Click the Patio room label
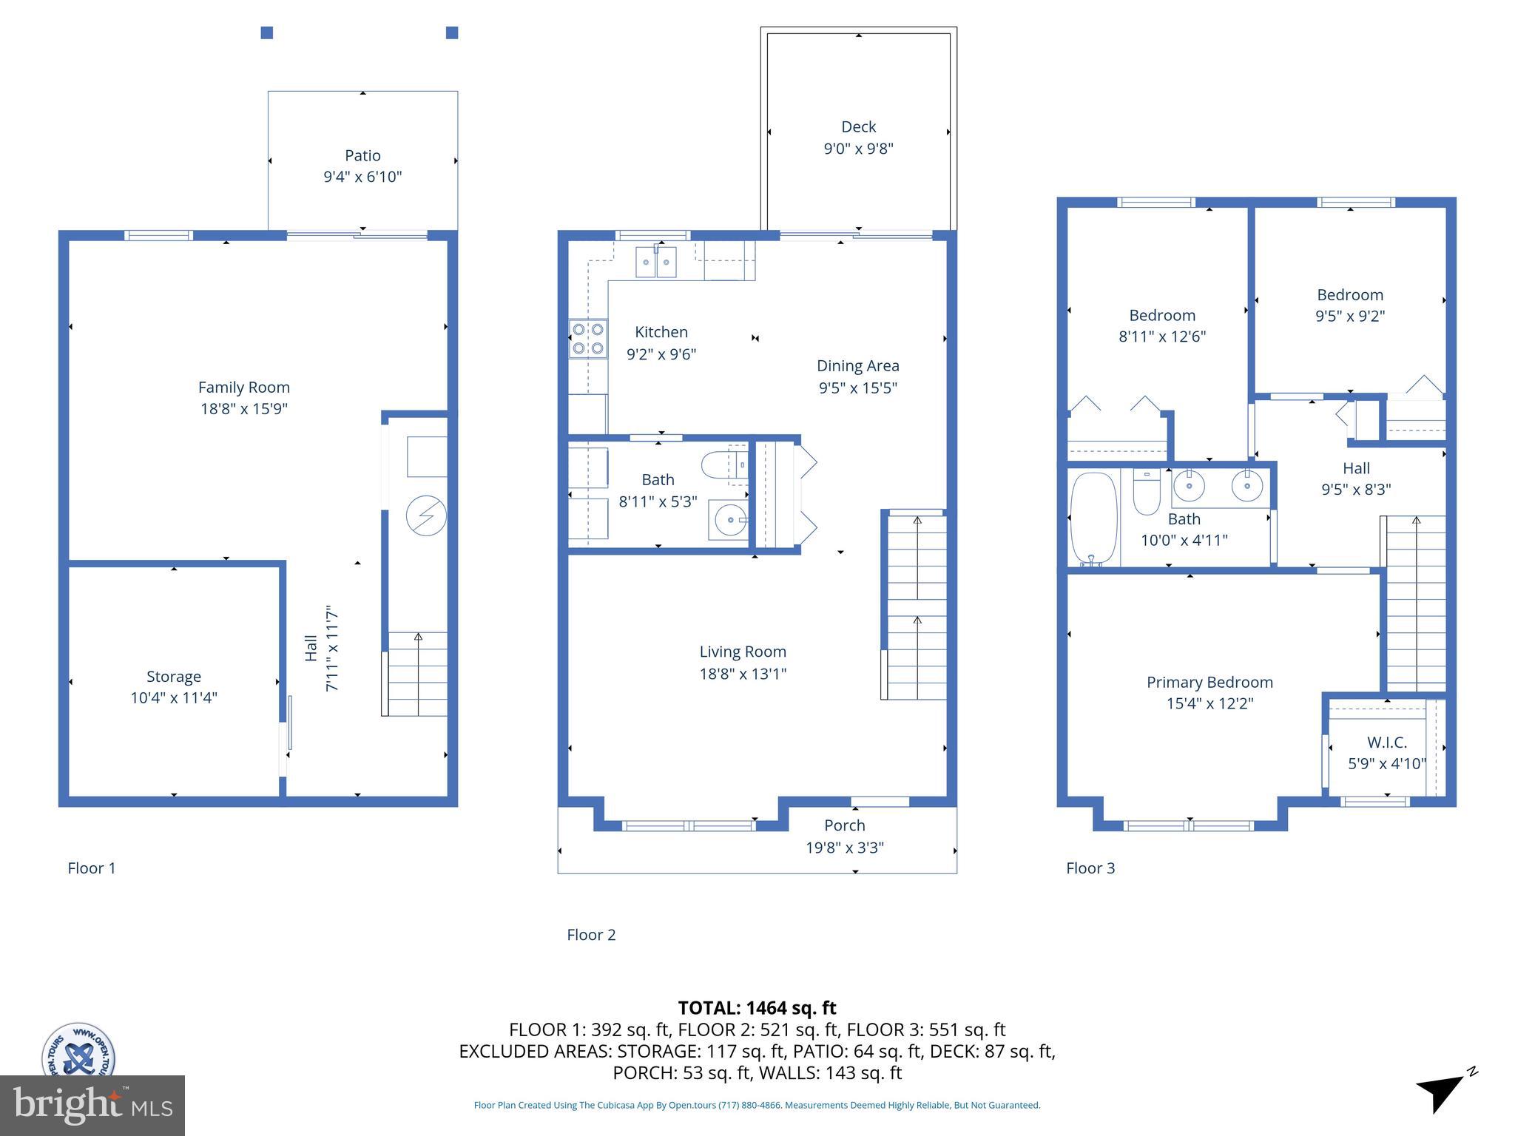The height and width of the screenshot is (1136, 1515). [362, 155]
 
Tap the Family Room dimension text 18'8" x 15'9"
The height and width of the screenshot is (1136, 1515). [243, 408]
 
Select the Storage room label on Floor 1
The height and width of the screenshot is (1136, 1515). [174, 676]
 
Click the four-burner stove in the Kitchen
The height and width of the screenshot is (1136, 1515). [588, 339]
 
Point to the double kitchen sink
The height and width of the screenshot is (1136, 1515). [655, 263]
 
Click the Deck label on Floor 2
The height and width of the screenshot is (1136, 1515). [858, 126]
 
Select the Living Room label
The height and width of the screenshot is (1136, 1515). [743, 652]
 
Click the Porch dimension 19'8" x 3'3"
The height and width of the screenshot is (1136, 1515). [844, 848]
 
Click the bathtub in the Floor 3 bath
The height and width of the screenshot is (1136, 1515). [1093, 519]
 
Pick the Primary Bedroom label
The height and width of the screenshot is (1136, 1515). [1209, 682]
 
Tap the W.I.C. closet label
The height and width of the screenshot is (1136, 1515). [1386, 742]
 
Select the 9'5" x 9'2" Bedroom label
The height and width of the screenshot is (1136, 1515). [1349, 295]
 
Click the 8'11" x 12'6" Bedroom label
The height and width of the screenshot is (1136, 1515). [1161, 316]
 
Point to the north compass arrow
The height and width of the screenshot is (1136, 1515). [1442, 1090]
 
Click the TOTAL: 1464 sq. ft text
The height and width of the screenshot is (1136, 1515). [757, 1007]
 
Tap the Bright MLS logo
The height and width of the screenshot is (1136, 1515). [92, 1105]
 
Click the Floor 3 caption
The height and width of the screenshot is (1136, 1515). [1090, 868]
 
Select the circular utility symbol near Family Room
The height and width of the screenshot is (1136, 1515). [426, 515]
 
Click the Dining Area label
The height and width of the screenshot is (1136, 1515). [857, 365]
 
